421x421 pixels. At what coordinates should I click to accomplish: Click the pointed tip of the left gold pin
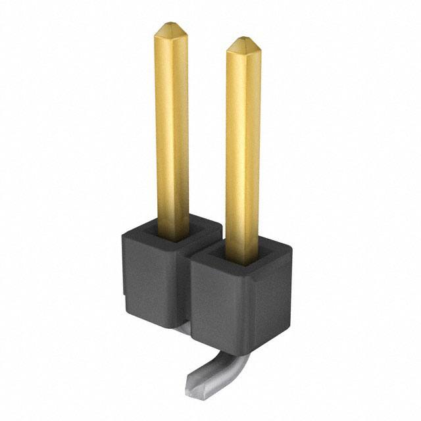point(171,26)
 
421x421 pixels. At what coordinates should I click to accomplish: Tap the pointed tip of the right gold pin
point(242,39)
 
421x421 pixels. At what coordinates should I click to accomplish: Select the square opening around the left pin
point(172,232)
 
